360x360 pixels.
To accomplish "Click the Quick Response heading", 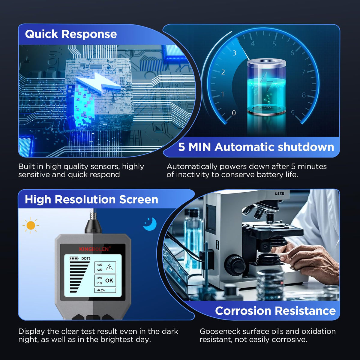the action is [x=71, y=34].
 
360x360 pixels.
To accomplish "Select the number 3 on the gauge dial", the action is [x=235, y=53].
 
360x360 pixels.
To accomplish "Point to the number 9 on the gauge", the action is [x=292, y=112].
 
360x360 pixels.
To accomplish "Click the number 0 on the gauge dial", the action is [x=234, y=113].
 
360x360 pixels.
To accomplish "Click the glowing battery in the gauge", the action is [x=267, y=87].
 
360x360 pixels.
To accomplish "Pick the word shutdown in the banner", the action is [x=306, y=147].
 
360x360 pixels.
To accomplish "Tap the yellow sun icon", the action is [x=31, y=226].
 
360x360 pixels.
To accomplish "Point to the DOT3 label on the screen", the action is [x=86, y=259].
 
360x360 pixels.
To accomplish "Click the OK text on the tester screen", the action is [x=109, y=280].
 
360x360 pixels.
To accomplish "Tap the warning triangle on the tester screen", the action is [x=109, y=268].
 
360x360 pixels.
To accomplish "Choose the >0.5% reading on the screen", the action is [x=100, y=290].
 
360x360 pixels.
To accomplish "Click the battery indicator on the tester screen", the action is [x=74, y=258].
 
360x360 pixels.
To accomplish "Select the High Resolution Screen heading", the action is [x=91, y=199].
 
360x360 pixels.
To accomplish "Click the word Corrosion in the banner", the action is [x=243, y=311].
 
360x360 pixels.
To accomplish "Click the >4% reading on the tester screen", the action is [x=99, y=265].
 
